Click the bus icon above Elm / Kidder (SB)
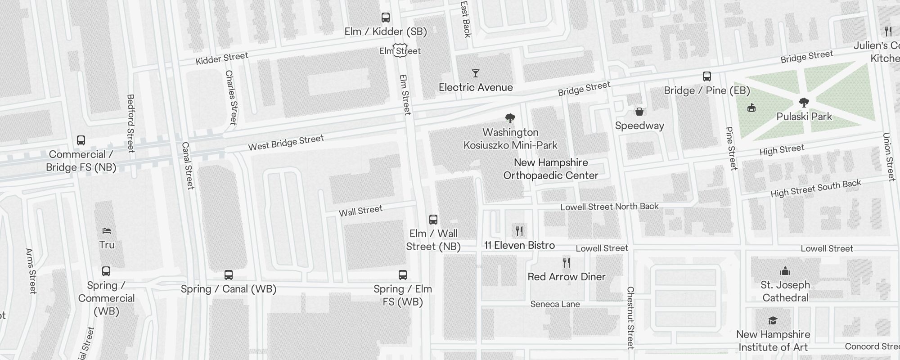pos(386,18)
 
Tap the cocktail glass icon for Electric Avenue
pos(476,73)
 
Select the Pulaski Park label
pos(804,117)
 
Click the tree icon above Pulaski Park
pos(804,103)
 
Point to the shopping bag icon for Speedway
pos(639,112)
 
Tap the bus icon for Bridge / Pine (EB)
pos(707,76)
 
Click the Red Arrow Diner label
pos(567,277)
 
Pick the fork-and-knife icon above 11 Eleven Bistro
pos(519,231)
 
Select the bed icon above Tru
pos(107,231)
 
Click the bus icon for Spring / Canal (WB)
pos(229,275)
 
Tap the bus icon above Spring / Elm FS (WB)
pos(403,275)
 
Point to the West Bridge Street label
pos(286,143)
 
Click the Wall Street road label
pos(360,211)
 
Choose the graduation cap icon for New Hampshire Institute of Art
pos(773,320)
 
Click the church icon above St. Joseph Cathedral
pos(785,271)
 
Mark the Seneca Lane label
pos(555,304)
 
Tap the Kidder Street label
pos(222,58)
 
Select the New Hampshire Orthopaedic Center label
pos(551,169)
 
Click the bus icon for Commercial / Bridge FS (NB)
pos(81,140)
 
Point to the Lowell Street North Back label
pos(609,207)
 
